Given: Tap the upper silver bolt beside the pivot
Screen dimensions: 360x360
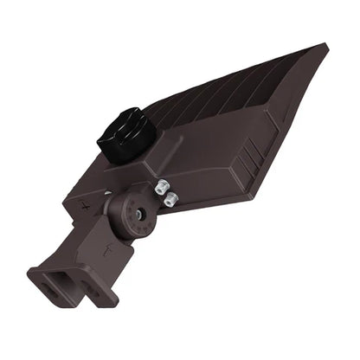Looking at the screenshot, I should point(162,186).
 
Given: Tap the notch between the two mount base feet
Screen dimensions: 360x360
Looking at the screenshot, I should point(74,294).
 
